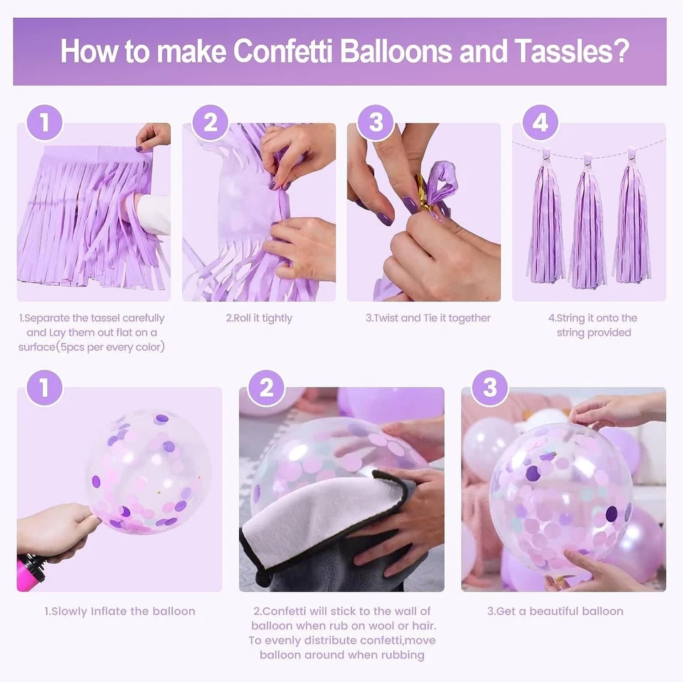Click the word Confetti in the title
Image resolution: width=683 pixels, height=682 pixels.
pos(283,51)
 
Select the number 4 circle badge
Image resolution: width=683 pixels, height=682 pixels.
pos(540,123)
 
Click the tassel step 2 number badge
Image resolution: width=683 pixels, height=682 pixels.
pos(210,123)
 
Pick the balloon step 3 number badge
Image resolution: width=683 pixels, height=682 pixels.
pos(489,388)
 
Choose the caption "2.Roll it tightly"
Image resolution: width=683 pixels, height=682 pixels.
pos(258,318)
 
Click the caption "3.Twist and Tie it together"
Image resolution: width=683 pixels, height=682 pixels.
pos(428,318)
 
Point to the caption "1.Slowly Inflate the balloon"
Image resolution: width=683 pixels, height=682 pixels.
pos(120,611)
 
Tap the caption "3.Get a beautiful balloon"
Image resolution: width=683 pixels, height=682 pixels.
pos(555,611)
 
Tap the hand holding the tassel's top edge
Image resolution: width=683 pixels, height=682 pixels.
pos(152,135)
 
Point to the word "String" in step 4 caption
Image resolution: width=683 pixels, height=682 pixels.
pos(571,318)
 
